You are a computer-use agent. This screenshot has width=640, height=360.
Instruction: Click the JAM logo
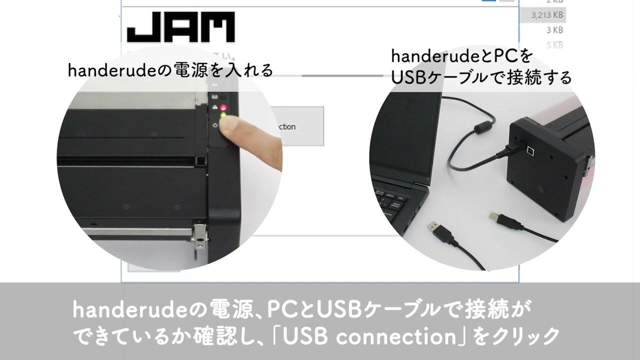(x=180, y=27)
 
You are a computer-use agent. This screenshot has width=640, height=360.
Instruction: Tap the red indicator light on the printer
(x=223, y=107)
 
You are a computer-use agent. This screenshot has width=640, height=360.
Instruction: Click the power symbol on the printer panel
(x=215, y=125)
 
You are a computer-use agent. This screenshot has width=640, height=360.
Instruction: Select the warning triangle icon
(x=215, y=107)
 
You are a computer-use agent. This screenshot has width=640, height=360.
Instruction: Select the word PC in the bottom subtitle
(x=283, y=311)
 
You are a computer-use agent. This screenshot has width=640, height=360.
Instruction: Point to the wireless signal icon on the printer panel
(x=215, y=97)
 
